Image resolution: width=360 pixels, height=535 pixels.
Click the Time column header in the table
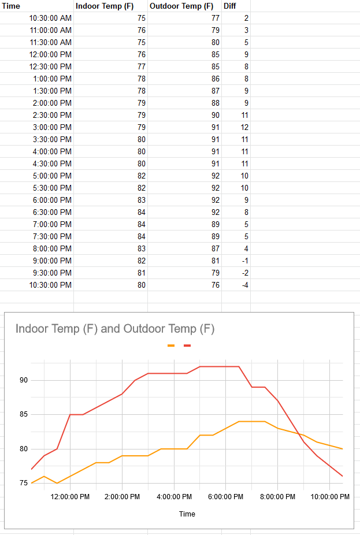(11, 6)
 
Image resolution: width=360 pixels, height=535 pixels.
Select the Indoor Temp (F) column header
(105, 6)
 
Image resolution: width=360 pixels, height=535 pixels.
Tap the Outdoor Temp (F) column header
(181, 6)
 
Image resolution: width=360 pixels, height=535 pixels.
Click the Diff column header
(229, 6)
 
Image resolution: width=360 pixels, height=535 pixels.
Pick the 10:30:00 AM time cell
(50, 18)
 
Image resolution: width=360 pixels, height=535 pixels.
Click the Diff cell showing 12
(244, 127)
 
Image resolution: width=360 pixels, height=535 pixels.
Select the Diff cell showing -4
(245, 285)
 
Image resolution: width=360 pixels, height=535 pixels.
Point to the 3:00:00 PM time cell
(52, 127)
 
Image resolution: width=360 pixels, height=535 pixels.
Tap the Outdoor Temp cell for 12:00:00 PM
(216, 54)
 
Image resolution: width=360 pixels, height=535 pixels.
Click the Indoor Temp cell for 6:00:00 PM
(142, 200)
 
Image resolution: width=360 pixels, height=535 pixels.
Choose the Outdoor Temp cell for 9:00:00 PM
(216, 261)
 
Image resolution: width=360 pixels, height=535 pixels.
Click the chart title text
(115, 329)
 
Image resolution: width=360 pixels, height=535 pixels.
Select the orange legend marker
(171, 345)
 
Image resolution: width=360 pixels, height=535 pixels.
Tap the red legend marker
(187, 345)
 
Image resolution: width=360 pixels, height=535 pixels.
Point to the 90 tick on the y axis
(24, 380)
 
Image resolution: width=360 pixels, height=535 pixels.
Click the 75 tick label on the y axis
(24, 483)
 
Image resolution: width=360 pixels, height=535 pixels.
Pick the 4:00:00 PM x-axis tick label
(174, 497)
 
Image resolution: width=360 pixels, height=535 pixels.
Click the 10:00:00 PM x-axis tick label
(329, 497)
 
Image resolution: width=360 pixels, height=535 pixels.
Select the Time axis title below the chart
(187, 514)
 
